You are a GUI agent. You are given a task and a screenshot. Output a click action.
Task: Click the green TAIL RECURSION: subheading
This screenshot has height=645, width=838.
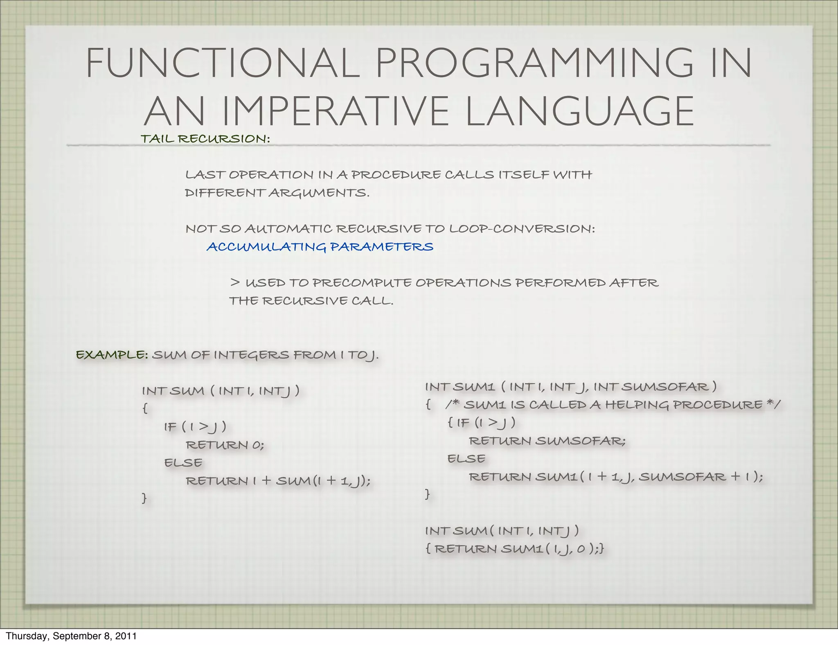pos(205,139)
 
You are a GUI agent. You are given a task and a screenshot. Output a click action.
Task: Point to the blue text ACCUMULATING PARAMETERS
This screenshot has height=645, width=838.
pos(320,247)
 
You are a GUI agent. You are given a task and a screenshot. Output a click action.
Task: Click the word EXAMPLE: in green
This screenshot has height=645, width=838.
pos(112,354)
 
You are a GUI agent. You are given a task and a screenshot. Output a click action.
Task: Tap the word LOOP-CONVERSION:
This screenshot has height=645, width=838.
pos(522,228)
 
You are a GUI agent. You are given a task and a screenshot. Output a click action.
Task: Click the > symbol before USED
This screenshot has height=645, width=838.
pos(234,282)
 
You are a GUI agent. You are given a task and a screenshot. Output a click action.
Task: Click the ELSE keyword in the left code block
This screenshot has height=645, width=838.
pos(183,462)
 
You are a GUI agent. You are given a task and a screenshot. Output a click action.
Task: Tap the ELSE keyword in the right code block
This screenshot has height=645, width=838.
pos(466,458)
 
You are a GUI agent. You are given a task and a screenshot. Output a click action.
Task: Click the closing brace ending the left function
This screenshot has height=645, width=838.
pos(144,498)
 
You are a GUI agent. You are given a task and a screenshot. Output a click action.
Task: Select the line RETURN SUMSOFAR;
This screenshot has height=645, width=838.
pos(547,441)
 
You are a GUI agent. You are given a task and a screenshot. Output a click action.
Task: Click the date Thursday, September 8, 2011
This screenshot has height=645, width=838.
pos(71,636)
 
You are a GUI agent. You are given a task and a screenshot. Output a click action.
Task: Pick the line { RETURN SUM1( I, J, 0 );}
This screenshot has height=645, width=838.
pos(514,548)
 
